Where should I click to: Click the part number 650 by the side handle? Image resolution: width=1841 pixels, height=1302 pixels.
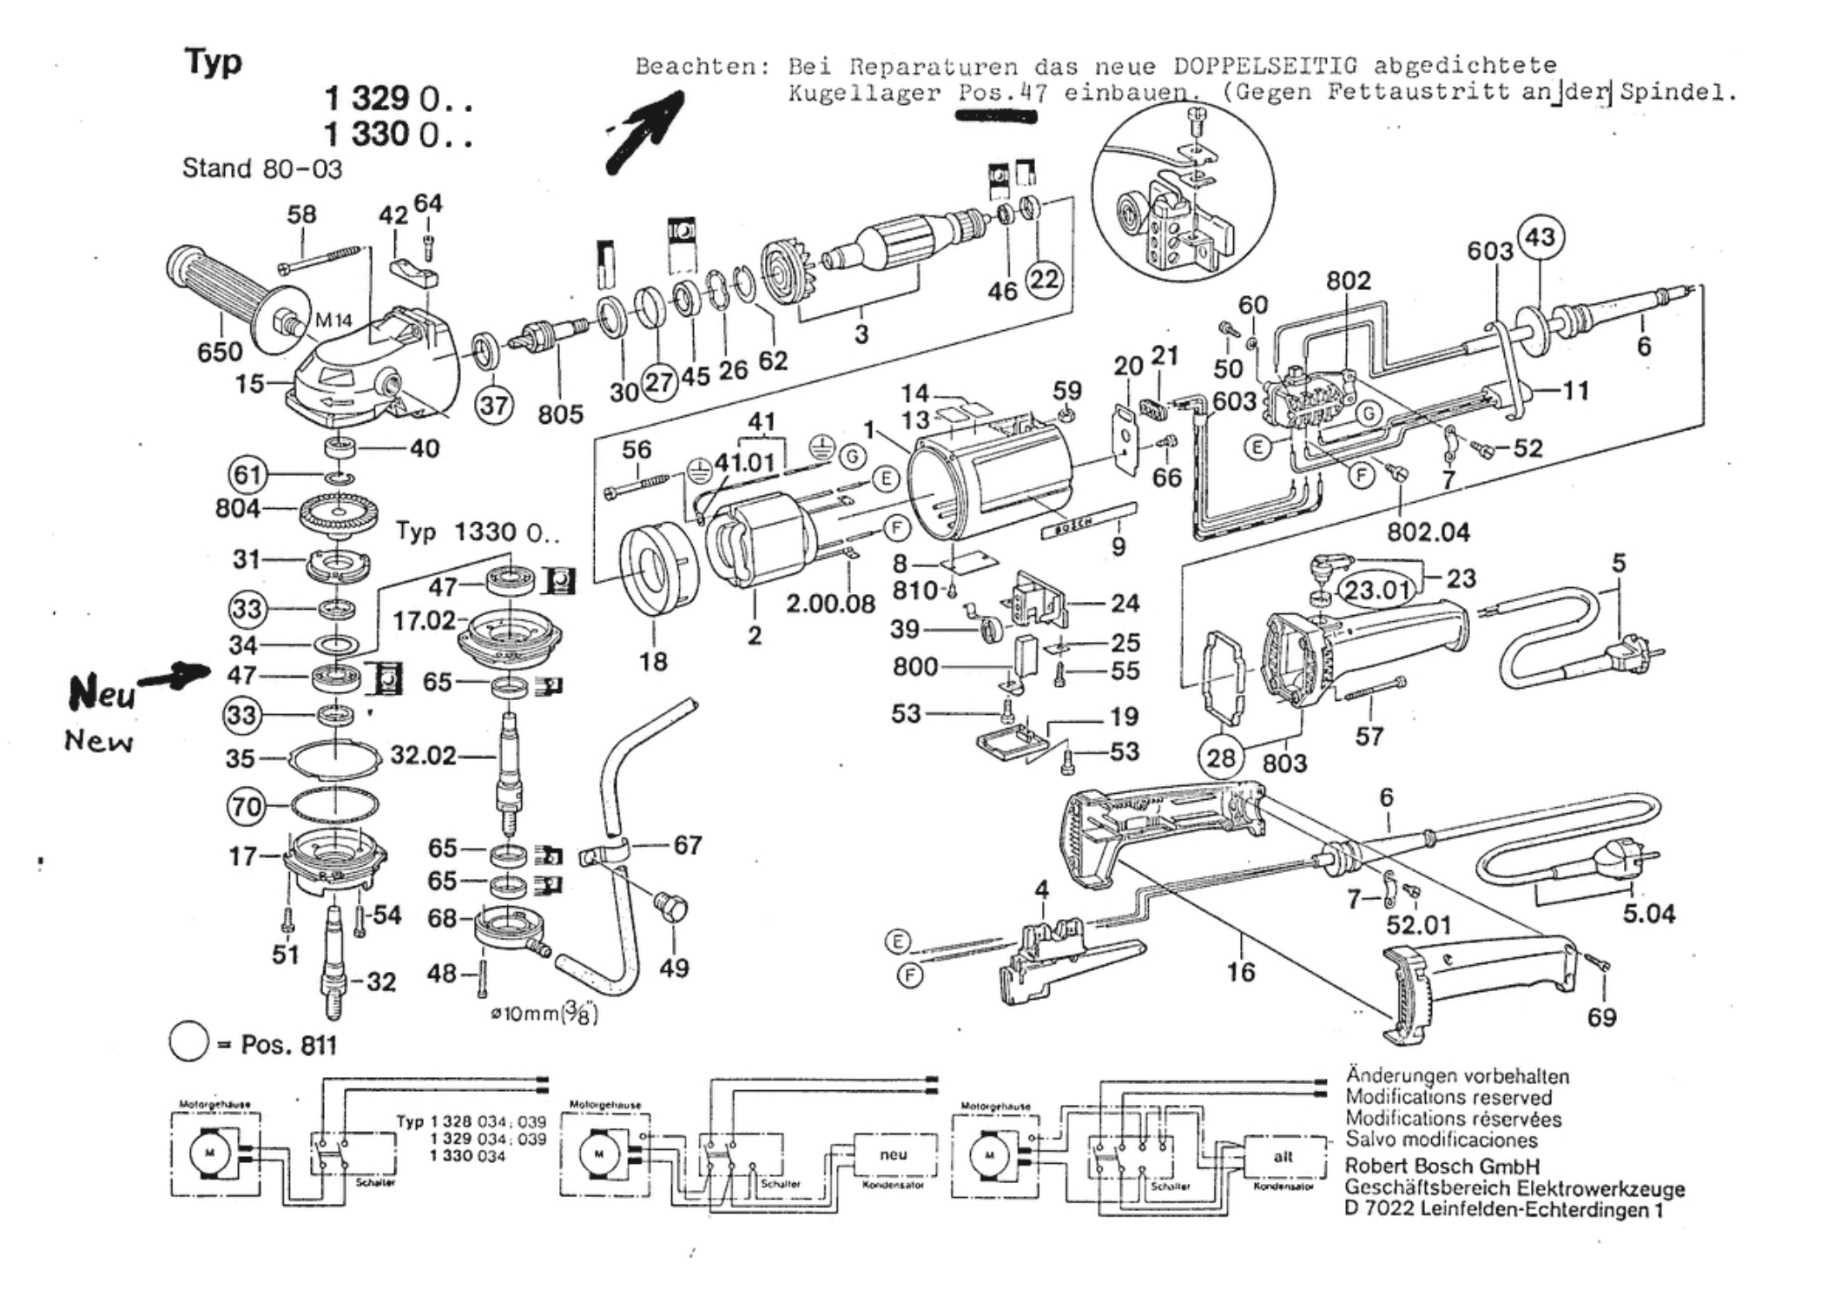coord(220,352)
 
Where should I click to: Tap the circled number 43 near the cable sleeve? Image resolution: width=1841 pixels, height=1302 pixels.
coord(1540,237)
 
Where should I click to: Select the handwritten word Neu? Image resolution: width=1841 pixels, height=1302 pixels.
coord(102,693)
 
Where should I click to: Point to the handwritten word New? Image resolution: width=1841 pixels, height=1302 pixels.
coord(99,741)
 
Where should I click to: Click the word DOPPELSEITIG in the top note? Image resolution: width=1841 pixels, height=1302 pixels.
coord(1264,66)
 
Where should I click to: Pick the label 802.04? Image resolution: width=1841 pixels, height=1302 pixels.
coord(1428,532)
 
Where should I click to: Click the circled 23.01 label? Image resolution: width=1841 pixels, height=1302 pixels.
coord(1378,591)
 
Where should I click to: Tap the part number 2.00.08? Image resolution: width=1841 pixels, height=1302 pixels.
coord(830,604)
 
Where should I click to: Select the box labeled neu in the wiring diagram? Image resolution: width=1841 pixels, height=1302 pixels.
coord(894,1154)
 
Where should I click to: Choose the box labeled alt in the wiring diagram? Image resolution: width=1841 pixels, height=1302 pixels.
coord(1283,1156)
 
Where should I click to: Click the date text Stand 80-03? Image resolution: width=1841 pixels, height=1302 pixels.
coord(262,169)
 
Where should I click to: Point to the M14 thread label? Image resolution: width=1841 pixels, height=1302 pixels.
coord(333,321)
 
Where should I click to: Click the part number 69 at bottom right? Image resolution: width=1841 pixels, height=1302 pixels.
coord(1601,1017)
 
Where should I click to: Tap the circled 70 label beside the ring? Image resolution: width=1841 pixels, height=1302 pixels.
coord(246,807)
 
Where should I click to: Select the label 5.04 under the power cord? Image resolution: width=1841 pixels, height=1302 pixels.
coord(1648,914)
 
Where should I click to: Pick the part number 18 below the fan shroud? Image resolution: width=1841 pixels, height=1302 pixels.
coord(653,662)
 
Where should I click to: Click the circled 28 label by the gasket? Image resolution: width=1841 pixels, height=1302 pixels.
coord(1221,757)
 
